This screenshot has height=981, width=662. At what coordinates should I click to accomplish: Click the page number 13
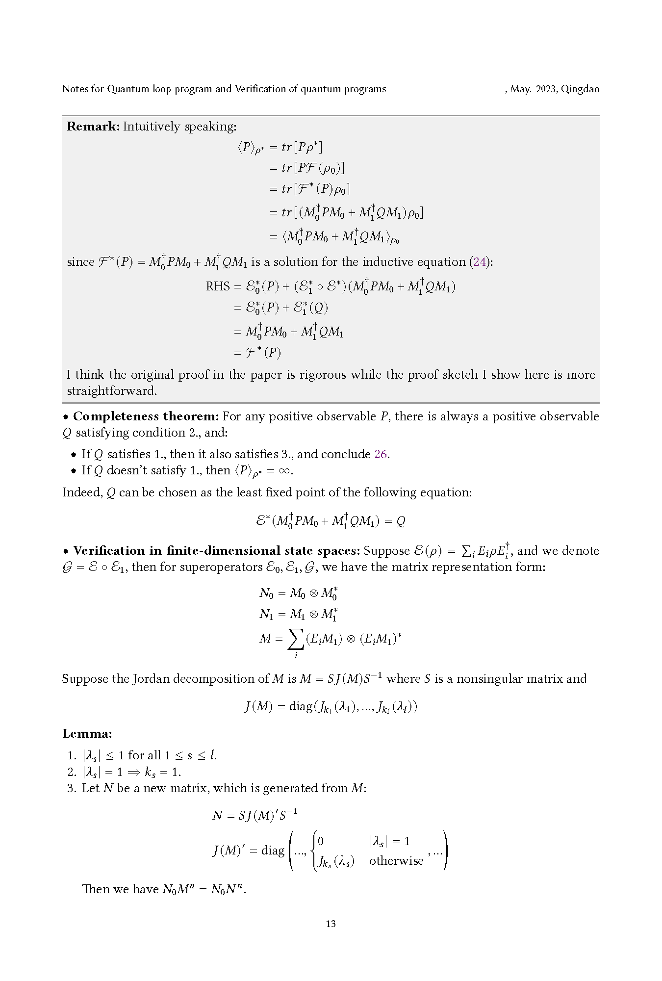point(331,924)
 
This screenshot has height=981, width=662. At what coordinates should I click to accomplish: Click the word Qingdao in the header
point(580,89)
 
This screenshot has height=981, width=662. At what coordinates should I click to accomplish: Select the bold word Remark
point(93,126)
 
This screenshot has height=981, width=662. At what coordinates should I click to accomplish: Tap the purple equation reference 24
point(480,262)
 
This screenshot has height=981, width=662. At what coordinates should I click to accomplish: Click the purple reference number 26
point(381,454)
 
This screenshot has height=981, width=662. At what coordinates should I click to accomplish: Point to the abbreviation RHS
point(218,286)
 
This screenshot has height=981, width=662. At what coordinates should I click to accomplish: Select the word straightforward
point(111,391)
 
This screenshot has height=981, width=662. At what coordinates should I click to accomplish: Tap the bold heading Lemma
point(87,734)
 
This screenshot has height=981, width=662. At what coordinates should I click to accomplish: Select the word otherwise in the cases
point(396,861)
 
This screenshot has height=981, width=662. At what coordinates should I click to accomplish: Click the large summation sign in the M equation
point(295,639)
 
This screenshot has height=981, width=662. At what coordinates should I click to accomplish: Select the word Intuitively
point(152,126)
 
